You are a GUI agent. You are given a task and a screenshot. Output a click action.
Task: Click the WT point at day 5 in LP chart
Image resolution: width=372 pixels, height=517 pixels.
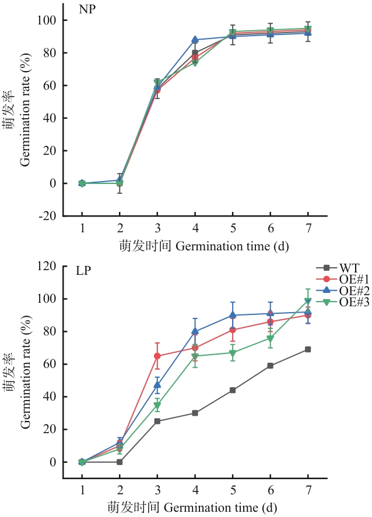tap(233, 390)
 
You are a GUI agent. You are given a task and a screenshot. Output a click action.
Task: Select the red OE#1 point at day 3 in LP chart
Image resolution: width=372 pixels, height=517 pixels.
tap(157, 356)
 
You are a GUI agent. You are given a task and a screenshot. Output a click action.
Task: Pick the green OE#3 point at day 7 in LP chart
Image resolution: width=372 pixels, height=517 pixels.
tap(308, 302)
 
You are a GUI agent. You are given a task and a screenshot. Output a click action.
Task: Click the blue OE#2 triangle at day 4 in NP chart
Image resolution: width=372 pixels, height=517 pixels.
tap(195, 40)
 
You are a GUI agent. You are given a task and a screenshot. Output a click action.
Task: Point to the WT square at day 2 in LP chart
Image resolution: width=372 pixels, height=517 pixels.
tap(120, 462)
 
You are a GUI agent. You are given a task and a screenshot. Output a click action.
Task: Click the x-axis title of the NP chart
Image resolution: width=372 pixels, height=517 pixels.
tap(195, 247)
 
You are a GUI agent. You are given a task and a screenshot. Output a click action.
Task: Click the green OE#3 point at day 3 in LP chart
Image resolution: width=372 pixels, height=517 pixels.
tap(157, 405)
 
